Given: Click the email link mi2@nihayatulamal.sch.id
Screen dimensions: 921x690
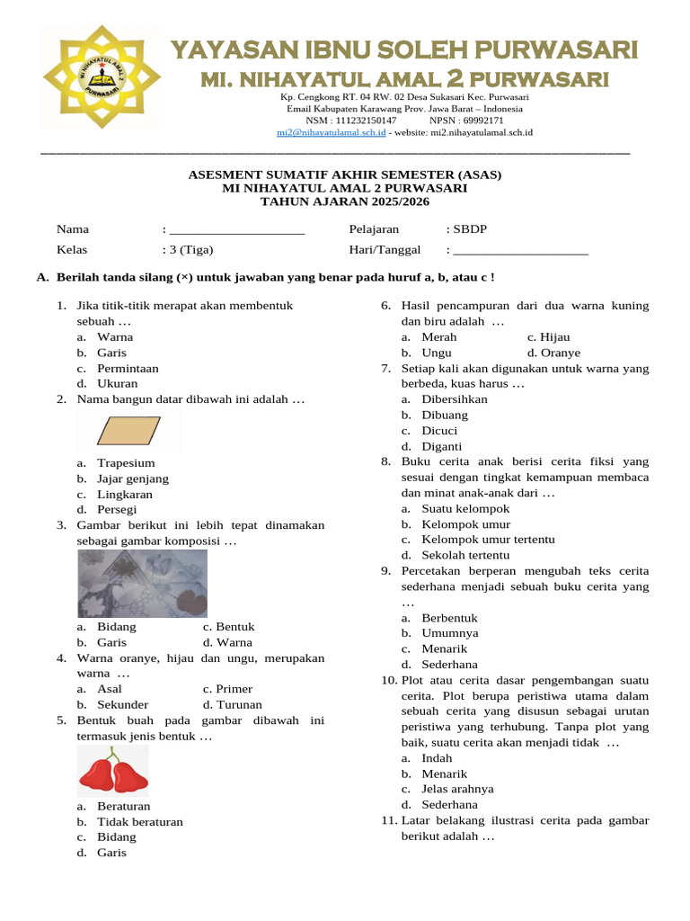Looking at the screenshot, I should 332,132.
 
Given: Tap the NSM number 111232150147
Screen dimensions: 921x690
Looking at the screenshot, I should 365,120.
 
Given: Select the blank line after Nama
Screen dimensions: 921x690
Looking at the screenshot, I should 237,230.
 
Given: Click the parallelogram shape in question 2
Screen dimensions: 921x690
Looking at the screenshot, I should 129,432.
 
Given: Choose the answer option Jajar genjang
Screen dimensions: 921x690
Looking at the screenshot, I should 133,478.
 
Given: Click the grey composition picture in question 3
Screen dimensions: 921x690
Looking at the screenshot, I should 142,583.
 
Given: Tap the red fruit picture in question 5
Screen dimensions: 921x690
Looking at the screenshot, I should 113,771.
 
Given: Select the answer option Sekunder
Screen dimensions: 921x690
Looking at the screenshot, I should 123,705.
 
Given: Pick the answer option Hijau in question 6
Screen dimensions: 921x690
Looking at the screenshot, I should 554,337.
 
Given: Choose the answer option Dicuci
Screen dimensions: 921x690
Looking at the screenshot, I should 439,431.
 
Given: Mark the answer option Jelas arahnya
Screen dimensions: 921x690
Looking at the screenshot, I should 457,789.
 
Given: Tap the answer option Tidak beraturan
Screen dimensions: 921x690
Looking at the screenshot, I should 140,821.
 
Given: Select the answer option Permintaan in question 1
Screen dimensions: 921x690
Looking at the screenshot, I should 128,368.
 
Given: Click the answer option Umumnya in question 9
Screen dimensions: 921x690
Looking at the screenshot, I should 450,633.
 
